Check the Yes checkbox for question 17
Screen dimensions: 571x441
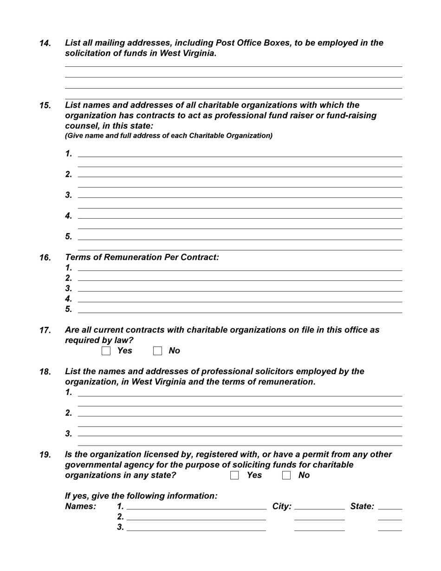(106, 351)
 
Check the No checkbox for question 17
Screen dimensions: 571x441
(157, 351)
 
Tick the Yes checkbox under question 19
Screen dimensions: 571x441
(235, 475)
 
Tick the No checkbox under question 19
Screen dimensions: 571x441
(286, 475)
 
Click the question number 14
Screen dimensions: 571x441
(45, 43)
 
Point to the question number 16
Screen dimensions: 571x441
(45, 258)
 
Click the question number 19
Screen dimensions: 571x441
(45, 455)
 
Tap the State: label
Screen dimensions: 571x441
(362, 506)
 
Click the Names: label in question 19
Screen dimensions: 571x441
(81, 506)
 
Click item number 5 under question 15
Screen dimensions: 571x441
(69, 237)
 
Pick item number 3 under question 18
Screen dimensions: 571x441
(69, 434)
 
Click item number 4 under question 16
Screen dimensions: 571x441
(69, 298)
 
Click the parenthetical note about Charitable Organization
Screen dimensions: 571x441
(169, 136)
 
